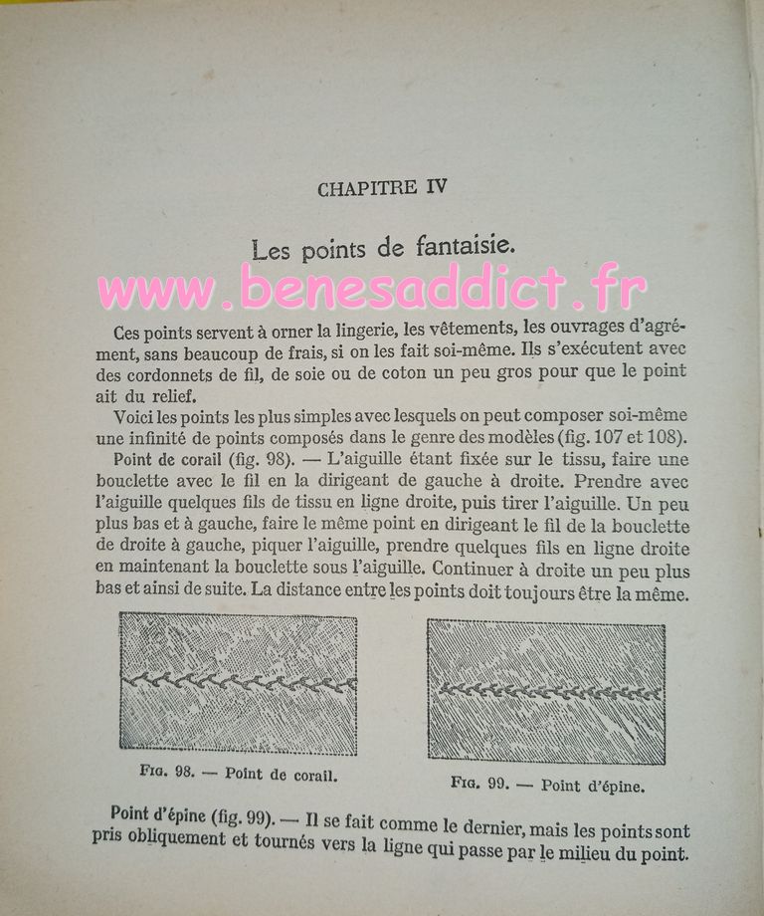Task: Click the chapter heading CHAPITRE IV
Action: click(382, 188)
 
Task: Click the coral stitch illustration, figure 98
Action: click(238, 683)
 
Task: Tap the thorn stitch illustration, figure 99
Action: click(547, 692)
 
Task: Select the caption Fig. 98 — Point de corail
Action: click(239, 772)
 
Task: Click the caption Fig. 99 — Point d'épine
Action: click(548, 785)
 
